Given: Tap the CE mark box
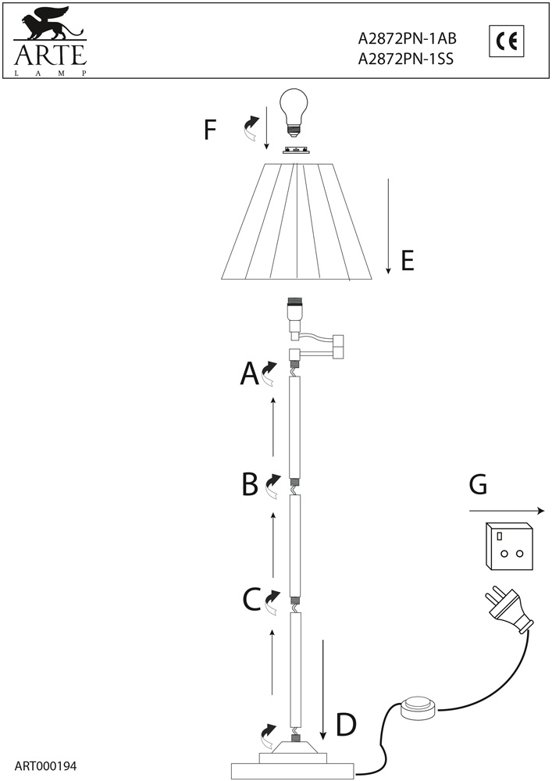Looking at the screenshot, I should tap(507, 41).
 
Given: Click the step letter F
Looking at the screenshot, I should tap(209, 130).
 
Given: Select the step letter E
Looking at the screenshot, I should tap(407, 260).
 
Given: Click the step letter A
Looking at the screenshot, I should tap(249, 375).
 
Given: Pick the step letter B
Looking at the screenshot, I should tap(250, 485).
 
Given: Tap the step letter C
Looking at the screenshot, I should tap(251, 600).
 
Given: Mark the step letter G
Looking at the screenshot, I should tap(479, 485).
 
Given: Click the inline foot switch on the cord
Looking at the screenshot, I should tap(418, 708).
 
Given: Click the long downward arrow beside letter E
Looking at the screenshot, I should tap(388, 226).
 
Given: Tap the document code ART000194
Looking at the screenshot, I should tap(45, 766).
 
